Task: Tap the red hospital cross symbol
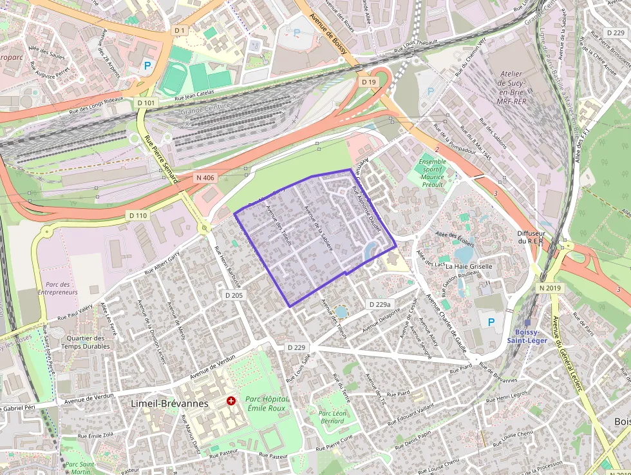(231, 401)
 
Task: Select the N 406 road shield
(206, 177)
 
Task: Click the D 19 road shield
(368, 82)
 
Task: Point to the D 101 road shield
(146, 102)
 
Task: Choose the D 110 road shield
(138, 215)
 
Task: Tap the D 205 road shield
(234, 295)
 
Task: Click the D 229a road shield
(380, 304)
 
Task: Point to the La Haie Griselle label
(469, 266)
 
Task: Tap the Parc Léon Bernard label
(333, 417)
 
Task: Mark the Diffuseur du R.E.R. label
(531, 237)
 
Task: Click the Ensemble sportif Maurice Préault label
(432, 173)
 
